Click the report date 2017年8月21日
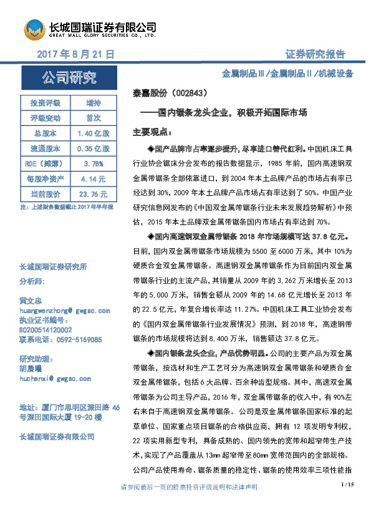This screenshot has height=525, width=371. click(x=76, y=55)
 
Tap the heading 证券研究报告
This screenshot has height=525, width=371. click(x=315, y=54)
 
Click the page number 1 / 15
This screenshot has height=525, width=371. click(x=347, y=501)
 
